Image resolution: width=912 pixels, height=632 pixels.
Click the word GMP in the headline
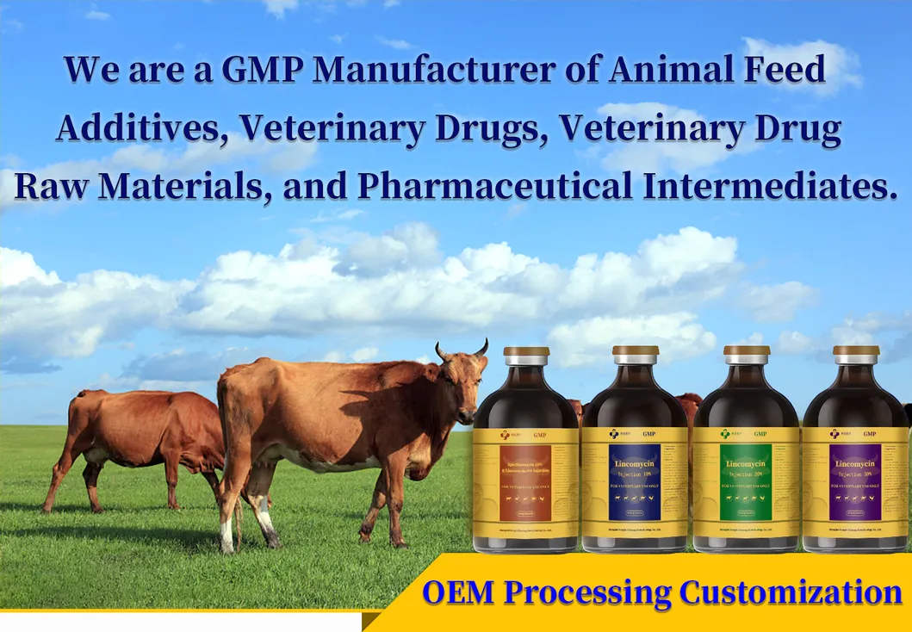click(x=261, y=69)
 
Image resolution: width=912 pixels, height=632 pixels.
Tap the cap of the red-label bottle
click(x=526, y=356)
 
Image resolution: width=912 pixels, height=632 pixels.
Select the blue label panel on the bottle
click(x=635, y=482)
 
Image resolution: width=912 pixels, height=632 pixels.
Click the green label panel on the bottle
click(x=745, y=482)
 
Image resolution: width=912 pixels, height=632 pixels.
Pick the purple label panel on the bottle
click(x=855, y=482)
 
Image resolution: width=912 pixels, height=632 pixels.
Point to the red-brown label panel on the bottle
click(x=525, y=482)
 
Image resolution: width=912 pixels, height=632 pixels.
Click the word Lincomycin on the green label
click(x=745, y=465)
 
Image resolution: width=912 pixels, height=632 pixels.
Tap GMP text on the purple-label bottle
click(x=870, y=434)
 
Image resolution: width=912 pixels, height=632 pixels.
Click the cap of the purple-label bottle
click(x=856, y=356)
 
